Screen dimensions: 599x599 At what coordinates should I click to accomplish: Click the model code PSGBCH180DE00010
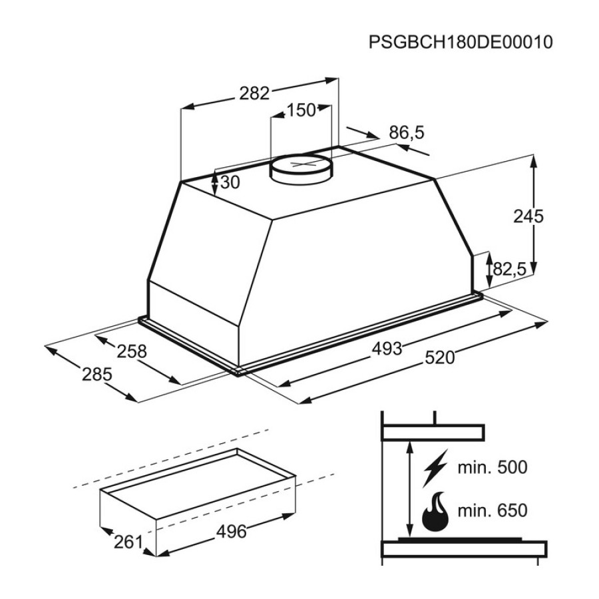[461, 42]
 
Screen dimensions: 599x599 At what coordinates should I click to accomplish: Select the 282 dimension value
[254, 93]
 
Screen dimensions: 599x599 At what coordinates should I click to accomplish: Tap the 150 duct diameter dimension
[301, 110]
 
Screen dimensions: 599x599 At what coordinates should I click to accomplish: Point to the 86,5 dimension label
[407, 132]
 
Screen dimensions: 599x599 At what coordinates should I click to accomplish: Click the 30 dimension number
[230, 182]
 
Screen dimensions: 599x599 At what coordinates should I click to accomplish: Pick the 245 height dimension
[528, 216]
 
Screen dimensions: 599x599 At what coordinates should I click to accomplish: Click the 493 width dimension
[387, 349]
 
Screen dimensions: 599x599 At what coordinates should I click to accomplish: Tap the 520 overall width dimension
[440, 358]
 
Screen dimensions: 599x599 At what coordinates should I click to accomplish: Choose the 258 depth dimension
[131, 351]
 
